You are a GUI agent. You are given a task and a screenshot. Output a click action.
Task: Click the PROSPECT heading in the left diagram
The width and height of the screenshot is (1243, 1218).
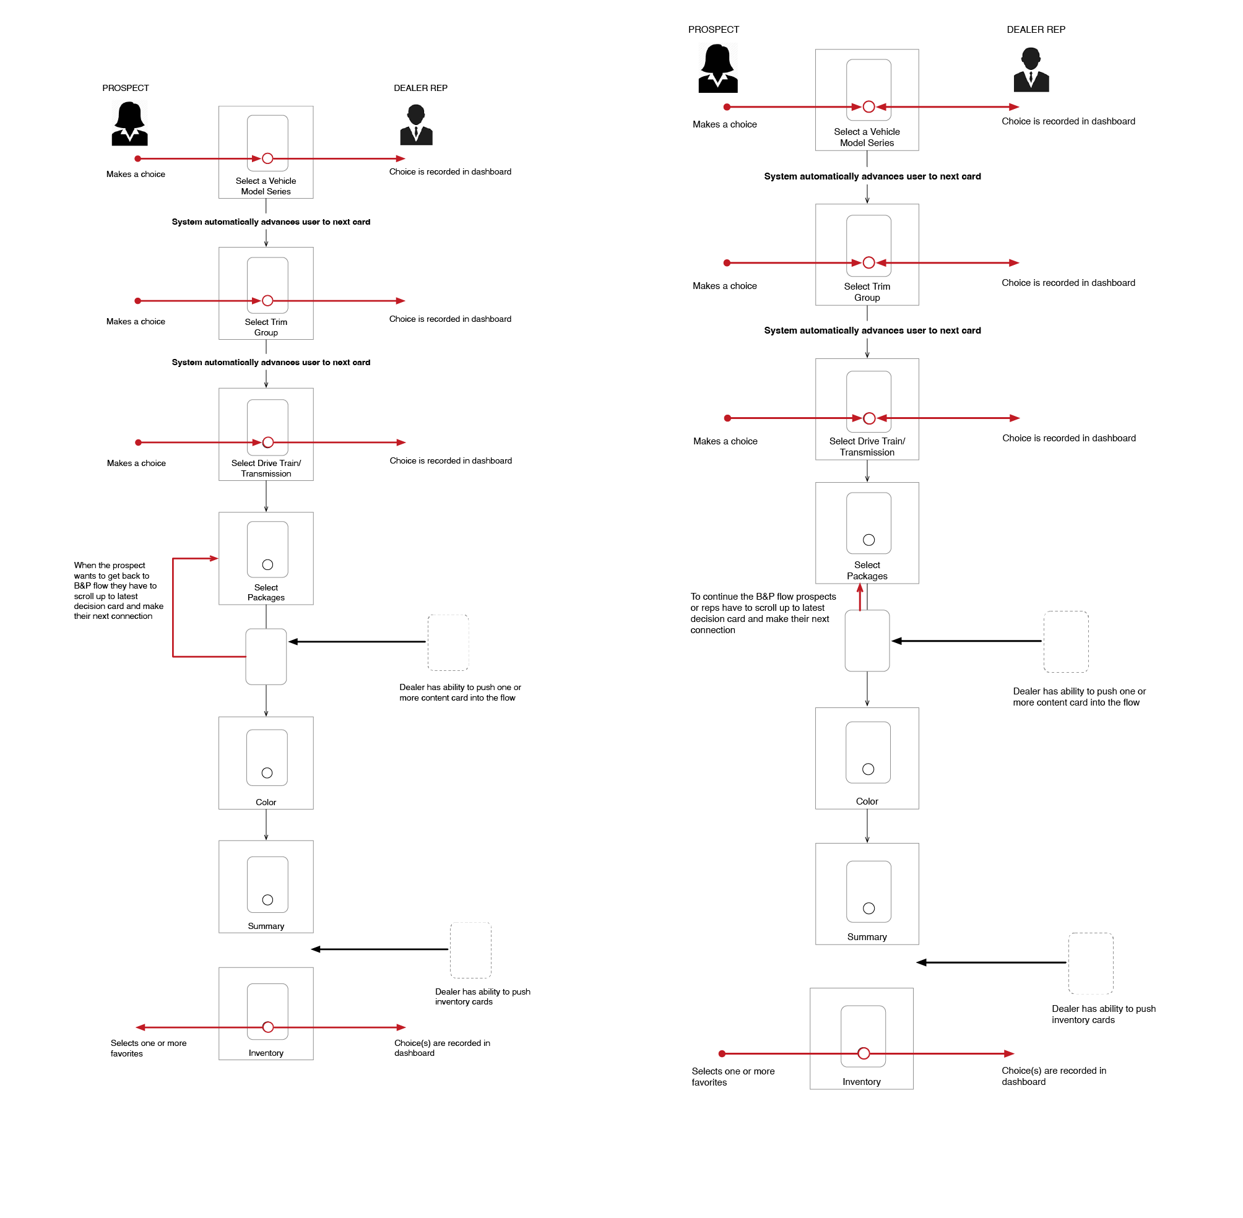126,89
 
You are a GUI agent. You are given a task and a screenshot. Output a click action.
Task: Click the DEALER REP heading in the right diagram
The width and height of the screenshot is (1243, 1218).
1035,30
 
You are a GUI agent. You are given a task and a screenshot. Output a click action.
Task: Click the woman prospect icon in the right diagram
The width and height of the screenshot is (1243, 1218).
717,69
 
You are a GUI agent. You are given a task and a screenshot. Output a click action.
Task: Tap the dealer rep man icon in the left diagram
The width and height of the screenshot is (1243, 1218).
416,125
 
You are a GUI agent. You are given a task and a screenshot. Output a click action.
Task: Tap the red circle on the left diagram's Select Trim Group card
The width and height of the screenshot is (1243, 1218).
267,301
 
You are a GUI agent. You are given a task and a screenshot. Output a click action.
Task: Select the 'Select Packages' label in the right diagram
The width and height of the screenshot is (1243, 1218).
866,570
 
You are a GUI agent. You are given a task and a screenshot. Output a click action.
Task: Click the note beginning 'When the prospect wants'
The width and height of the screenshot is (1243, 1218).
118,590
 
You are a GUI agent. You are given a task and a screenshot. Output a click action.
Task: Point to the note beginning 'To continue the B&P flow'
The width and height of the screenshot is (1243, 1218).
763,613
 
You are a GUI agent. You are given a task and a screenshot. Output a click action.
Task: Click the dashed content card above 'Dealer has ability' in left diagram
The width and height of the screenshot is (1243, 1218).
448,642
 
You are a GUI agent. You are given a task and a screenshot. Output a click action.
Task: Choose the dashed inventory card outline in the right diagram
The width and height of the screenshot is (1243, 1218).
1090,963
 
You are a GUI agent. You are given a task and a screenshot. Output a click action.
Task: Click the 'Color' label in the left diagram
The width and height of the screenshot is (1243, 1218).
266,802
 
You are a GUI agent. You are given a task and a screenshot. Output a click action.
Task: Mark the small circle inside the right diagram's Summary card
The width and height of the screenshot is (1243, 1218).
868,909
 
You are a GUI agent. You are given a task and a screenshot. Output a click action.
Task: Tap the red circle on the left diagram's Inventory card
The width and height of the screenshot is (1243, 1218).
268,1027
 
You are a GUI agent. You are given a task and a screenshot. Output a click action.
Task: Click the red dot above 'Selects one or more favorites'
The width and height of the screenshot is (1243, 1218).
722,1053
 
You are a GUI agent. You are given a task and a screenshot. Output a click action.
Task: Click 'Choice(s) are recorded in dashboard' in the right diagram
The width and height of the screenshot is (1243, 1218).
1053,1076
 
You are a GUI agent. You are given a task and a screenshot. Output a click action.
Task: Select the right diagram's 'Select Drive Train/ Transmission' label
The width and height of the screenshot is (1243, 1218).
866,446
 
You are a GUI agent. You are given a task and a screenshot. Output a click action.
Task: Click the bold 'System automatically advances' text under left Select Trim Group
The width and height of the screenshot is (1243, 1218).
271,362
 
